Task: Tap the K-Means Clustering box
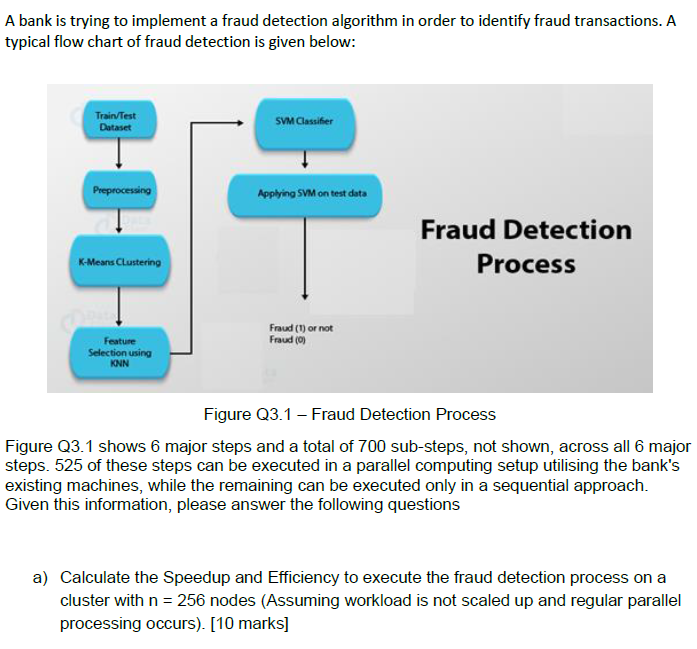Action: (119, 261)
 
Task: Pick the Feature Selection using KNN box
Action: (120, 352)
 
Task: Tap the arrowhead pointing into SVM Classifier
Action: (237, 123)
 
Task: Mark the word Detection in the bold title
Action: (565, 229)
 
